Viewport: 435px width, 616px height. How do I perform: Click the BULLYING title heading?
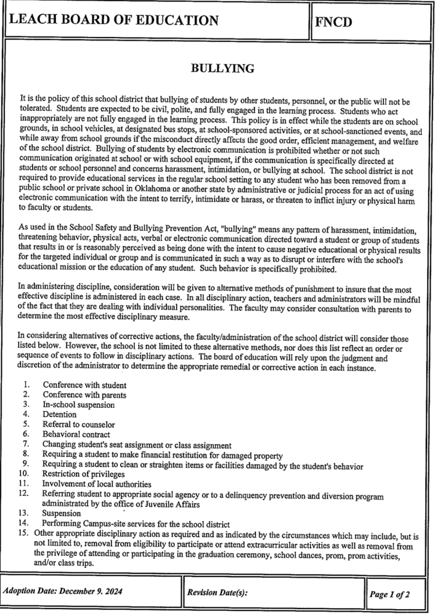(x=222, y=69)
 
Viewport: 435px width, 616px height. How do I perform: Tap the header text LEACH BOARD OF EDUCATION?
(x=114, y=21)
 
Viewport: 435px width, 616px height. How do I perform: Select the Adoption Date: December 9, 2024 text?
(x=63, y=593)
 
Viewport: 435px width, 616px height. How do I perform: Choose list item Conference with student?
(x=84, y=385)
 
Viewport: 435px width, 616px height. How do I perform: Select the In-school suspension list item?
(x=78, y=405)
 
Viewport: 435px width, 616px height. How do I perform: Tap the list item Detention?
(x=59, y=415)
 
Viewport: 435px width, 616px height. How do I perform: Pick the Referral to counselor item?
(x=78, y=424)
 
